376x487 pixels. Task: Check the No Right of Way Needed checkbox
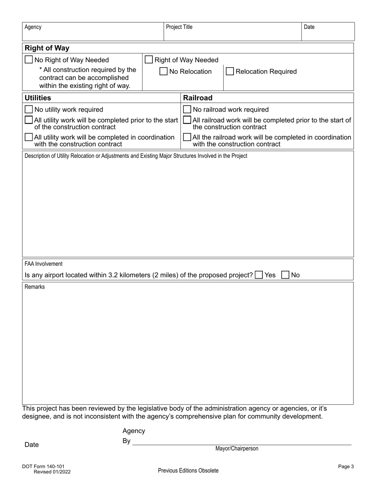[29, 60]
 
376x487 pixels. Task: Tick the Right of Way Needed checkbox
[149, 60]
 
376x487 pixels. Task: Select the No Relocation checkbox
[163, 72]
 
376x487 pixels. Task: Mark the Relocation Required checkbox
[230, 72]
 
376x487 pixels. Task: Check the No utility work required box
[29, 110]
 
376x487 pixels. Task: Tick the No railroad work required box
[187, 110]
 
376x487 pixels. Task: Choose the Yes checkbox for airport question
[259, 275]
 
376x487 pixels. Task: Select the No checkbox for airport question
[285, 275]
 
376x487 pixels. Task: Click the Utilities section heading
[38, 98]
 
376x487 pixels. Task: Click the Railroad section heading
[197, 98]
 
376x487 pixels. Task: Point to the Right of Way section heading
[47, 48]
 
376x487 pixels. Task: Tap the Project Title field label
[179, 27]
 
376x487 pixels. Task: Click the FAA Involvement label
[44, 264]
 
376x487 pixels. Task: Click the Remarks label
[34, 287]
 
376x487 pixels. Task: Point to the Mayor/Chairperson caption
[237, 449]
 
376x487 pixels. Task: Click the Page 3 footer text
[346, 467]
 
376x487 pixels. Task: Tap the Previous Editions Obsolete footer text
[188, 471]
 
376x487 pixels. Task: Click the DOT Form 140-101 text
[43, 467]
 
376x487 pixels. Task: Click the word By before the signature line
[126, 441]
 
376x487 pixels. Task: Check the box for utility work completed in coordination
[29, 137]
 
